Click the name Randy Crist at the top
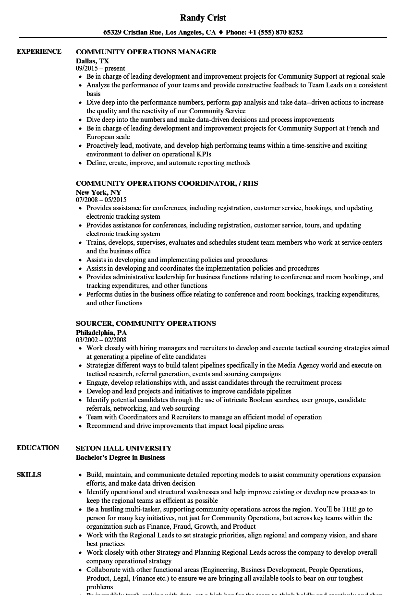click(x=203, y=18)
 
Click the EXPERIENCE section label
click(x=39, y=51)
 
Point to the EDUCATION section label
click(x=38, y=448)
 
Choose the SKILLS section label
click(x=29, y=475)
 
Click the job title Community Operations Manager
click(x=146, y=52)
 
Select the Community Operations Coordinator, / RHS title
click(x=167, y=183)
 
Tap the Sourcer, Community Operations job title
click(x=146, y=323)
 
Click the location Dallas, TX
click(x=92, y=61)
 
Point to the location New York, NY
click(x=98, y=192)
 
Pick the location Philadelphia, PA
click(x=101, y=332)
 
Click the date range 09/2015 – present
click(x=100, y=69)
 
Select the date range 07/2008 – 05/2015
click(x=101, y=200)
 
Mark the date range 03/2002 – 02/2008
click(x=101, y=340)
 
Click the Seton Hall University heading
click(x=123, y=448)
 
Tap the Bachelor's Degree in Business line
click(x=120, y=457)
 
